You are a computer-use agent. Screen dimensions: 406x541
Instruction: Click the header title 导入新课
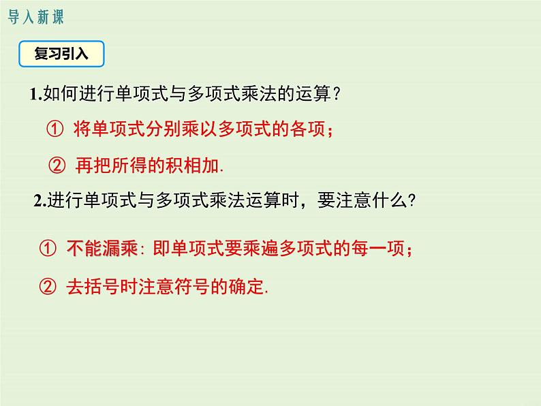point(35,17)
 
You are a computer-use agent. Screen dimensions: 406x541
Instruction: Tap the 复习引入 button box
point(61,54)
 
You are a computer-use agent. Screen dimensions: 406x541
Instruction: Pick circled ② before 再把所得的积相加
point(57,166)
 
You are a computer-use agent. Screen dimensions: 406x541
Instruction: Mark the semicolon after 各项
point(330,130)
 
